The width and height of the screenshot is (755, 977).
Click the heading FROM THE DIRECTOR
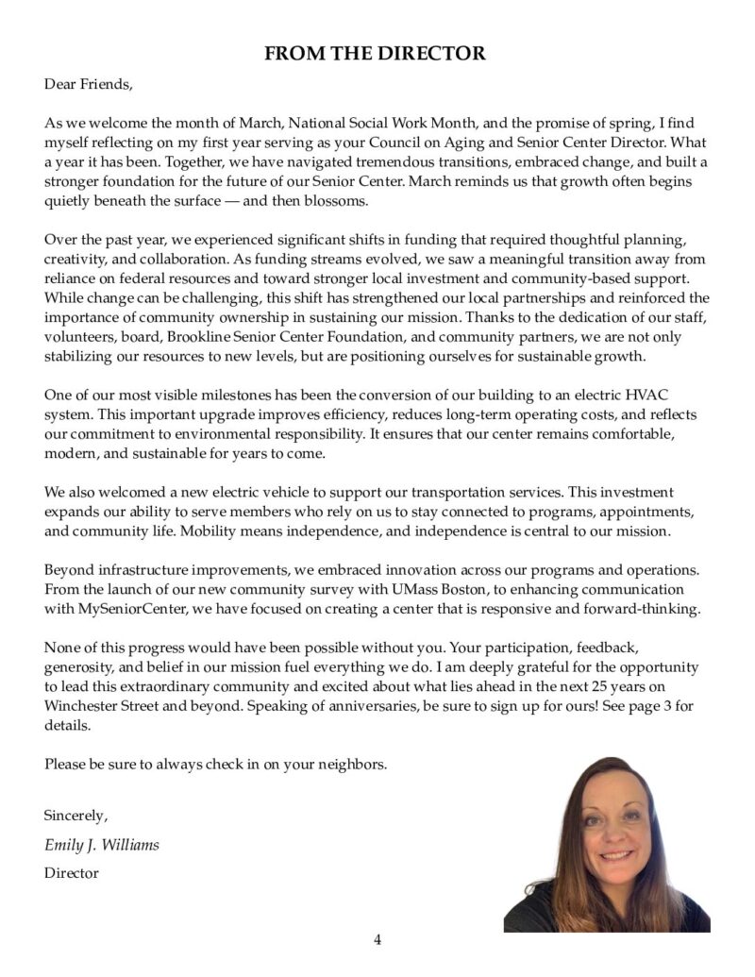pyautogui.click(x=375, y=54)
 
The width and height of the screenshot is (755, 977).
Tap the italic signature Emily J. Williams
pyautogui.click(x=102, y=845)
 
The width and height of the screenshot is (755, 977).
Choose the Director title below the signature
pyautogui.click(x=71, y=873)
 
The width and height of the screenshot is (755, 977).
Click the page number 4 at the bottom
pyautogui.click(x=377, y=939)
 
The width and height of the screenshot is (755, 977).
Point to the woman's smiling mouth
pyautogui.click(x=615, y=855)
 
